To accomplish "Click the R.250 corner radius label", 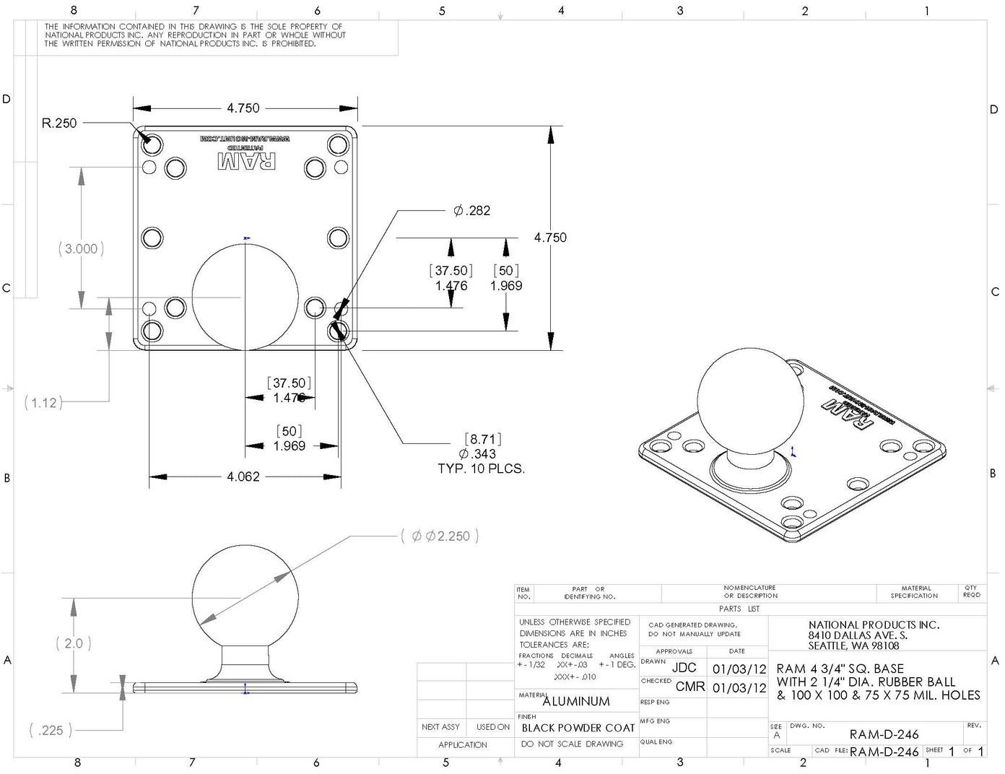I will (59, 123).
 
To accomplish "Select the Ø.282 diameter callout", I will (472, 211).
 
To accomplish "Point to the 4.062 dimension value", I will (243, 477).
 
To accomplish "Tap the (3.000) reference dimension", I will (81, 249).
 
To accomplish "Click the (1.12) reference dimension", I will (43, 403).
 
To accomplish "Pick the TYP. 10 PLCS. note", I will (481, 469).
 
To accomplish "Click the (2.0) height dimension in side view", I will (74, 643).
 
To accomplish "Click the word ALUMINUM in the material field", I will (576, 701).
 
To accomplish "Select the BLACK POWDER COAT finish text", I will (578, 728).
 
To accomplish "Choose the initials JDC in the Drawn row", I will (684, 668).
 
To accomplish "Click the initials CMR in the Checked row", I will (690, 687).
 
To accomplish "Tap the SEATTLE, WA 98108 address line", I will (853, 645).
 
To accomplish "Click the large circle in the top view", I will (245, 297).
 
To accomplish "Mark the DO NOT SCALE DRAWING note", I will (572, 744).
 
